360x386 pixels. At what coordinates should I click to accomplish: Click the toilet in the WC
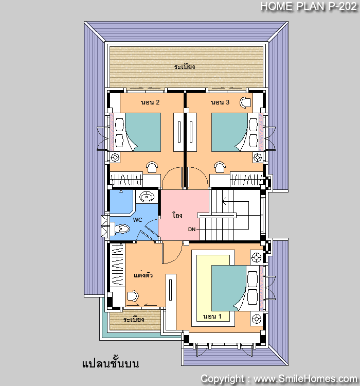tap(120, 229)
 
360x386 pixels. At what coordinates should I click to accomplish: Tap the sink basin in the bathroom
tap(147, 197)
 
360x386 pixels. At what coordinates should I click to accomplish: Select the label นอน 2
tap(150, 102)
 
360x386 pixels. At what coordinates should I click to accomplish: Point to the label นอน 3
tap(220, 102)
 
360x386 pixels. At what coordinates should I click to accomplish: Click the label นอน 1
tap(212, 317)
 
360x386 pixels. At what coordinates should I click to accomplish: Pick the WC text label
tap(137, 220)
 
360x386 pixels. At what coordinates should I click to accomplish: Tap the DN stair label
tap(192, 230)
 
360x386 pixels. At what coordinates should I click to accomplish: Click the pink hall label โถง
tap(177, 215)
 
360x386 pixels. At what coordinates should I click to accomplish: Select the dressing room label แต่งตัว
tap(143, 274)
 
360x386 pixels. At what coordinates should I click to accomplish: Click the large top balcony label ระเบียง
tap(185, 67)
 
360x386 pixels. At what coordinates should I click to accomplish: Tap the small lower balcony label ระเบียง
tap(134, 319)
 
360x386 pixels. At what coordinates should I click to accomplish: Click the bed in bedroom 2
tap(139, 132)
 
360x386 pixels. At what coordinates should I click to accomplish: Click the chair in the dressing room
tap(133, 295)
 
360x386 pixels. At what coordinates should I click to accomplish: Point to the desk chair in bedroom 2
tap(152, 167)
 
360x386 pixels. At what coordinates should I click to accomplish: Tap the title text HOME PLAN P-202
tap(309, 6)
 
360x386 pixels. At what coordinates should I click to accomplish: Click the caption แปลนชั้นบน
tap(111, 363)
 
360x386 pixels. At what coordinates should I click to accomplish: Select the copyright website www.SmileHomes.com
tap(305, 379)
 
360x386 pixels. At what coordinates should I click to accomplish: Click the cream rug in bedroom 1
tap(213, 288)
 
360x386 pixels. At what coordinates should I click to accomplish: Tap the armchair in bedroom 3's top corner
tap(245, 102)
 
